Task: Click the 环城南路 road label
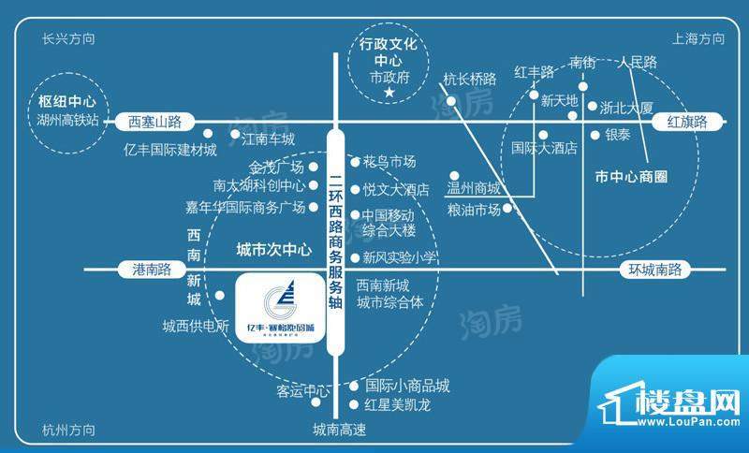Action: click(655, 270)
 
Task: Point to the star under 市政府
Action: click(394, 94)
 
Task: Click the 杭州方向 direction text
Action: click(69, 429)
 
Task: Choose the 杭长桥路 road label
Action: click(469, 79)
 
